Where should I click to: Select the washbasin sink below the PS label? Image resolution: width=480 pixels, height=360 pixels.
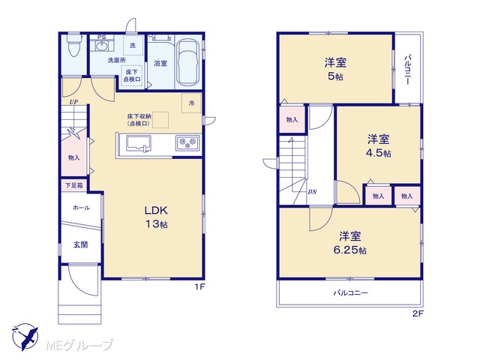point(101,46)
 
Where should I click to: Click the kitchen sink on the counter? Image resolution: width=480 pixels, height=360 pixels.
point(139,144)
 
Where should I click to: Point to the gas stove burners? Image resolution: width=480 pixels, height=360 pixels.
point(187,142)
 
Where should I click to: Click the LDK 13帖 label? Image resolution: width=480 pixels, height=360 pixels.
point(156,217)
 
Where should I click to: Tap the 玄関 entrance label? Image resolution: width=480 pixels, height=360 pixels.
point(81,244)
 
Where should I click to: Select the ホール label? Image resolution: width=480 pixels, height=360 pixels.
point(81,208)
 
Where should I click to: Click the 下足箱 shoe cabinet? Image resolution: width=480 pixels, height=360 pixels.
point(74,185)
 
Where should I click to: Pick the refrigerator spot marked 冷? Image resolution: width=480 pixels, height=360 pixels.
point(191,103)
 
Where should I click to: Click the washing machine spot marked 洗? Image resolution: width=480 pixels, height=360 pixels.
point(133,45)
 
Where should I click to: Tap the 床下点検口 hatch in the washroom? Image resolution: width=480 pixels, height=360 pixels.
point(132,76)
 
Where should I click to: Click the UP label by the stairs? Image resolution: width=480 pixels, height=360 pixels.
point(73,102)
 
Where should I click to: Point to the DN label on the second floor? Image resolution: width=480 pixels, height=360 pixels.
point(312,192)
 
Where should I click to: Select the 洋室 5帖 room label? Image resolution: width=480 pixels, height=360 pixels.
point(335,69)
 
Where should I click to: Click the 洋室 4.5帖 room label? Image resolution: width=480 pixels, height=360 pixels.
point(379,145)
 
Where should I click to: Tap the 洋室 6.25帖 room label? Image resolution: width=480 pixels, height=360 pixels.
point(350,243)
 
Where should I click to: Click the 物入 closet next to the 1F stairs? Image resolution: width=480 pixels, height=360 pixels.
point(73,157)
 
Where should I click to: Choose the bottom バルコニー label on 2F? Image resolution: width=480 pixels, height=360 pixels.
point(350,293)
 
